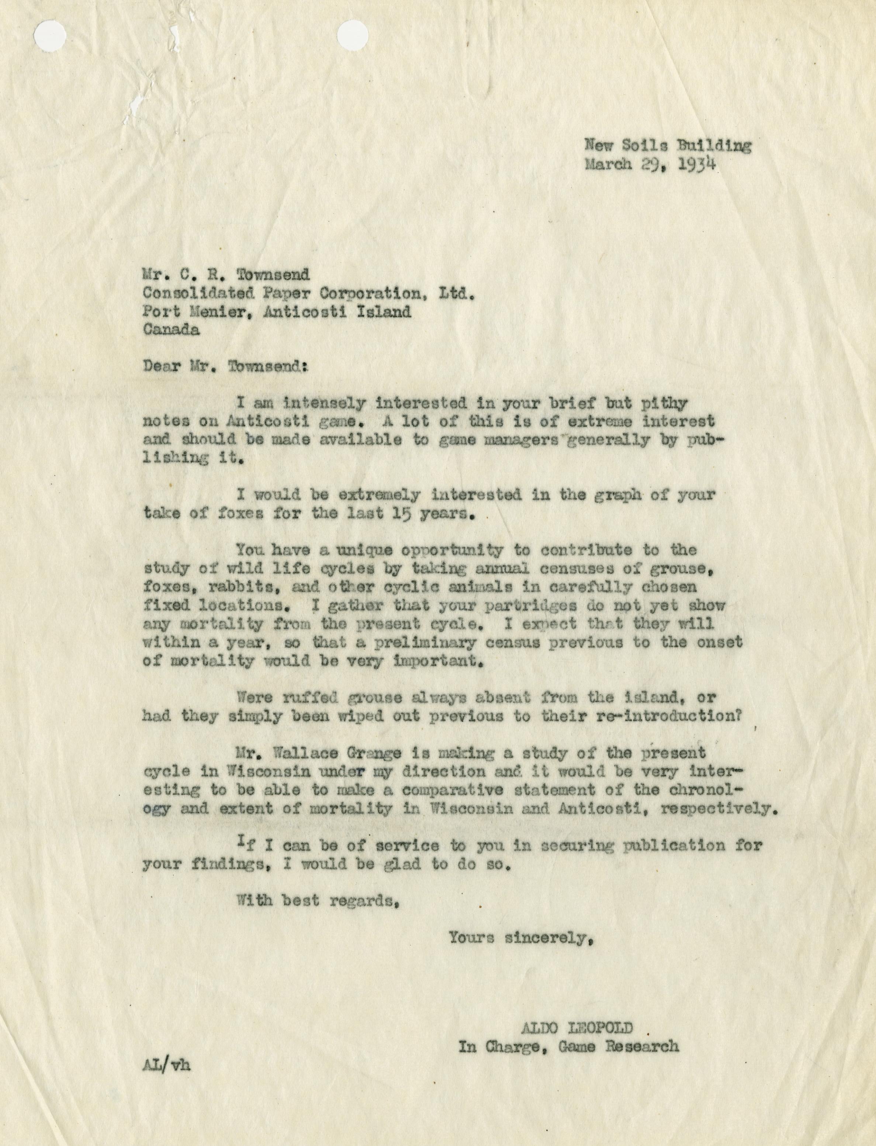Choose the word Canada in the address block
pyautogui.click(x=172, y=330)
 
